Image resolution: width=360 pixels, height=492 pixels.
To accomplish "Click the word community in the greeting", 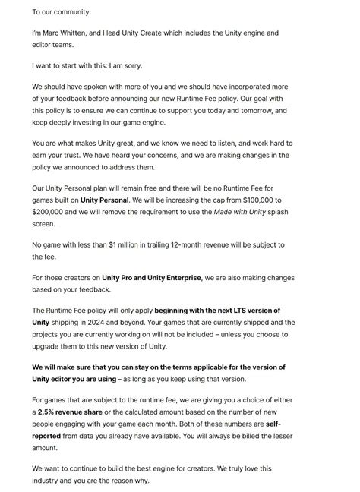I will click(69, 13).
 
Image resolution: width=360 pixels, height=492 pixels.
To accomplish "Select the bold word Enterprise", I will click(178, 278).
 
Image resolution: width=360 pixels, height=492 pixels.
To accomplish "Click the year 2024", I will click(110, 322).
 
